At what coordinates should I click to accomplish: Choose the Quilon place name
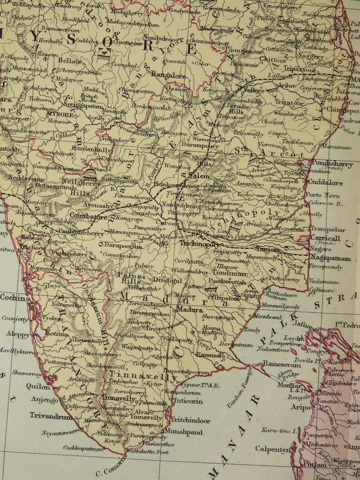[x=40, y=387]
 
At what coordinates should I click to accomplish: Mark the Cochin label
[x=13, y=297]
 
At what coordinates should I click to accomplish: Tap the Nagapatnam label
[x=331, y=258]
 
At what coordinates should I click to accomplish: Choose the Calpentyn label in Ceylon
[x=272, y=449]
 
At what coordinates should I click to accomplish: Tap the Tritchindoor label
[x=190, y=420]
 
